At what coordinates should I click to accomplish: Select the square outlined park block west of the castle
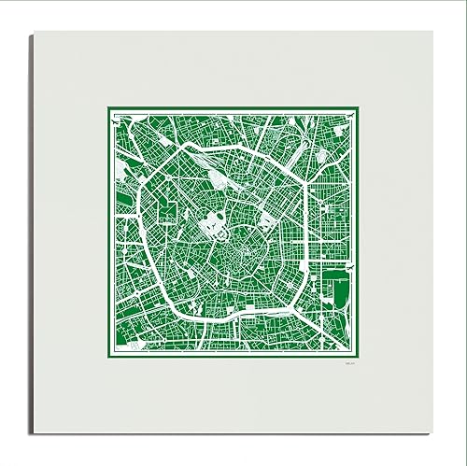[169, 209]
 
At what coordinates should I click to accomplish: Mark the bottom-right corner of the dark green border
[361, 360]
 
